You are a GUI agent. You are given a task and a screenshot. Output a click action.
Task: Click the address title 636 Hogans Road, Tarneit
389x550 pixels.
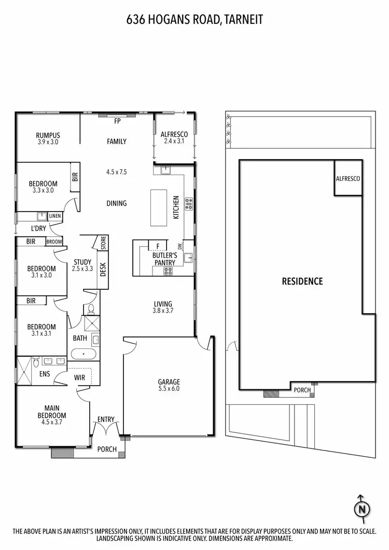[195, 20]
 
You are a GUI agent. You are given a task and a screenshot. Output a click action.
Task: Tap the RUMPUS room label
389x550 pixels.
[48, 135]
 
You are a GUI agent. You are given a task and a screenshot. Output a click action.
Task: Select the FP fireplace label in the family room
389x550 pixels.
[117, 121]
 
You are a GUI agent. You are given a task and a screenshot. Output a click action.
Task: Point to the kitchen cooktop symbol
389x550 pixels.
[189, 204]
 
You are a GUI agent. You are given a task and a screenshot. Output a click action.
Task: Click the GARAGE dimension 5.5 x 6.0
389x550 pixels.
[169, 389]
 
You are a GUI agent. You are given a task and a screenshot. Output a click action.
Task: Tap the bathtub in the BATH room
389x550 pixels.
[84, 355]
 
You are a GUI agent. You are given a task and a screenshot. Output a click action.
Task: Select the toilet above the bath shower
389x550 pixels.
[91, 309]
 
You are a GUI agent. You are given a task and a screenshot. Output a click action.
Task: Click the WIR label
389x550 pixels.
[80, 378]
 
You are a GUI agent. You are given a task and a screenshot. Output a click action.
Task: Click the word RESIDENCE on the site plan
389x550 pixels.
[302, 281]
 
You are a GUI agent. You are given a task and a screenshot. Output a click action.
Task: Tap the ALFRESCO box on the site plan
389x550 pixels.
[348, 178]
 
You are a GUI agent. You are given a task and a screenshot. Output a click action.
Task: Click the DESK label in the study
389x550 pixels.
[103, 269]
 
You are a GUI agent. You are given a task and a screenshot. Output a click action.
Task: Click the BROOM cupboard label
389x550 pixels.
[54, 242]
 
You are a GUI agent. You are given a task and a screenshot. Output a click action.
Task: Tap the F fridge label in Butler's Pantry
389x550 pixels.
[158, 245]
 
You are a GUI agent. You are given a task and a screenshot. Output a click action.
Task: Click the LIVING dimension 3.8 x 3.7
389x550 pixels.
[163, 311]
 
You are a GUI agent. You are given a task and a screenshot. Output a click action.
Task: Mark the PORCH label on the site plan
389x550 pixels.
[302, 390]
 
